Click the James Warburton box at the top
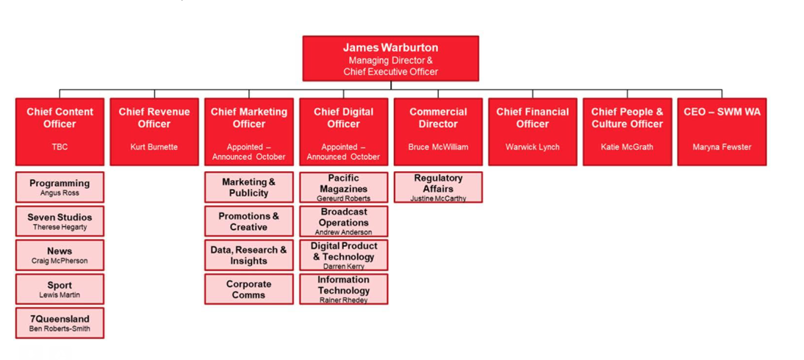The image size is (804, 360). tap(391, 59)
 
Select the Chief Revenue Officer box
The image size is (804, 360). tap(154, 132)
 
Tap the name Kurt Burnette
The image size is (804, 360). tap(154, 147)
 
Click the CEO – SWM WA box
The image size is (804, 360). tap(722, 132)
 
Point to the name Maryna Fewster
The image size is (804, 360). tap(722, 147)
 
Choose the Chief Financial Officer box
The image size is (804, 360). tap(533, 132)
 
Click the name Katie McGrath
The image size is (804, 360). tap(627, 147)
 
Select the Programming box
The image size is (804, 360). tap(60, 187)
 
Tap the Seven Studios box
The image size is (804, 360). tap(60, 221)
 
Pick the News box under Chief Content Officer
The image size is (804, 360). tap(60, 255)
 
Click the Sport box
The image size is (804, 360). tap(60, 289)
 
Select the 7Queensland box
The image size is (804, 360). tap(60, 323)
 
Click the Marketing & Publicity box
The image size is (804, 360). tap(248, 187)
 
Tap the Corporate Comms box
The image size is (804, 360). tap(248, 289)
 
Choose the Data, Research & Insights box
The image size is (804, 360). tap(248, 255)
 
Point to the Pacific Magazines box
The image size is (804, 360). tap(343, 187)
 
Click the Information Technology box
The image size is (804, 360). tap(343, 289)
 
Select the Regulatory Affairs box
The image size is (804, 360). tap(438, 187)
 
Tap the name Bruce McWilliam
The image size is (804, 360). tap(438, 147)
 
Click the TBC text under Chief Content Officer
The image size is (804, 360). tap(60, 147)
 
